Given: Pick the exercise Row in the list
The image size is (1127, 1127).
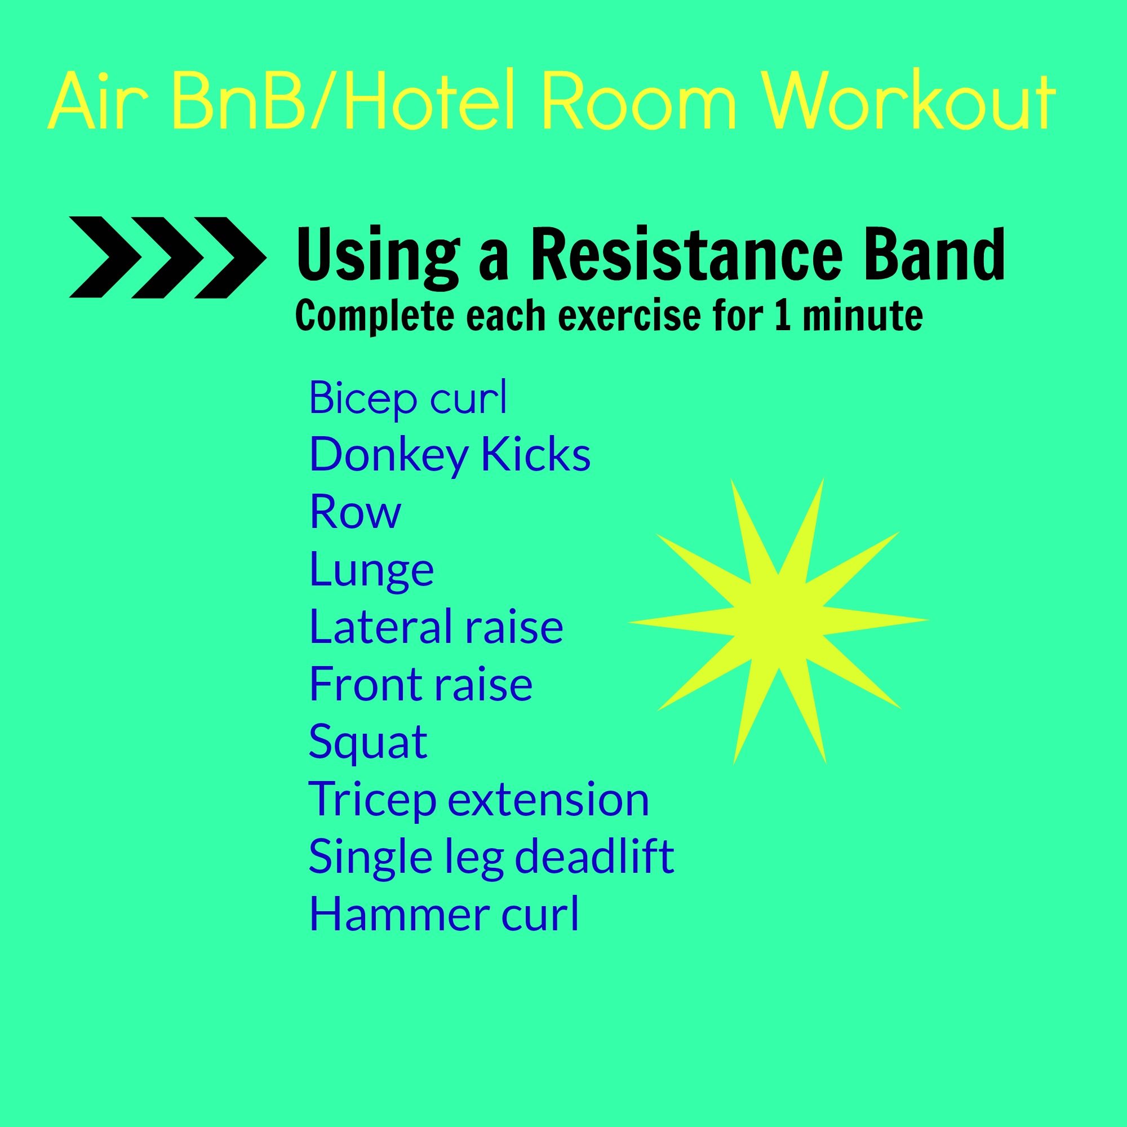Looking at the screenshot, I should pos(354,512).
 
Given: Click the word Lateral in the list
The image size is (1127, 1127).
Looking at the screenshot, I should pos(374,626).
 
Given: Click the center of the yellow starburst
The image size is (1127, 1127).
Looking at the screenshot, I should pos(778,621).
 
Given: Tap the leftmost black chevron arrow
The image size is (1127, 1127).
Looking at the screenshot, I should pos(105,258).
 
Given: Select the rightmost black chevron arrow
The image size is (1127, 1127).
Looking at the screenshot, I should pos(230,258).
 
